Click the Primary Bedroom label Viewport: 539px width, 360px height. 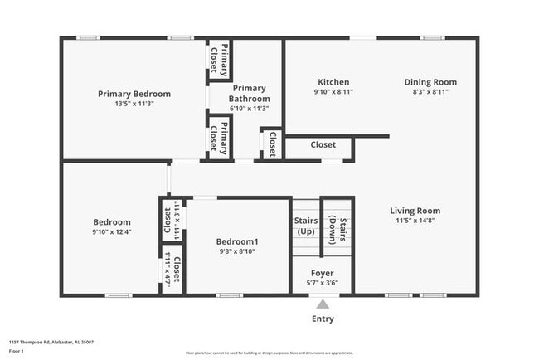point(134,94)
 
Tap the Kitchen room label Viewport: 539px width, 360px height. point(333,82)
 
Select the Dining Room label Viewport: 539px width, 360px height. point(430,82)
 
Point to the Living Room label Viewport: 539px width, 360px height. point(415,211)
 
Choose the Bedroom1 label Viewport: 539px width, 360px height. point(236,241)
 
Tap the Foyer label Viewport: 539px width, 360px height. point(323,273)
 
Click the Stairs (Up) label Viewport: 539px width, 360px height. point(306,225)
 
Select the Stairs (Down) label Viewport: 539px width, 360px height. point(337,225)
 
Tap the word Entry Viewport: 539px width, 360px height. point(323,319)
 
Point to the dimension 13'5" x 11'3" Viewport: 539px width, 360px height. point(134,104)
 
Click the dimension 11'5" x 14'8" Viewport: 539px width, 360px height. point(415,221)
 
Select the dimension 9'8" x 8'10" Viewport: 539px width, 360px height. point(236,251)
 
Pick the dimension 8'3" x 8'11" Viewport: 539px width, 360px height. point(430,92)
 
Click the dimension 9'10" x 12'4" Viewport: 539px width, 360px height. point(111,232)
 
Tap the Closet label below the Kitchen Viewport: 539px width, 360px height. point(323,144)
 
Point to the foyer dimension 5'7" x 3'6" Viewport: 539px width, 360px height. point(323,283)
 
